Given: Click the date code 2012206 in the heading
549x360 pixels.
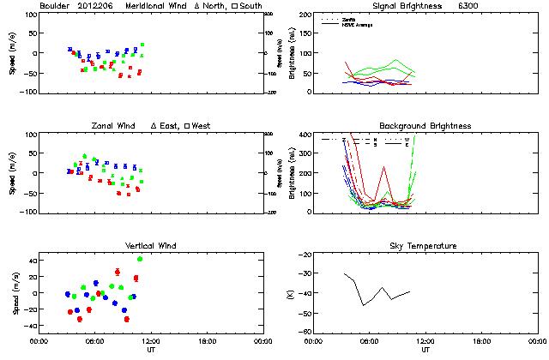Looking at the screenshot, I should (96, 6).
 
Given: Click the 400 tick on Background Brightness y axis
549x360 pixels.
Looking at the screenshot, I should (305, 135).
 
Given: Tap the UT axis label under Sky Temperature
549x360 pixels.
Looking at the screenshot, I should (425, 350).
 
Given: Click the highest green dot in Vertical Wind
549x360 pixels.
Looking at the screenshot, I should (140, 259).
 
